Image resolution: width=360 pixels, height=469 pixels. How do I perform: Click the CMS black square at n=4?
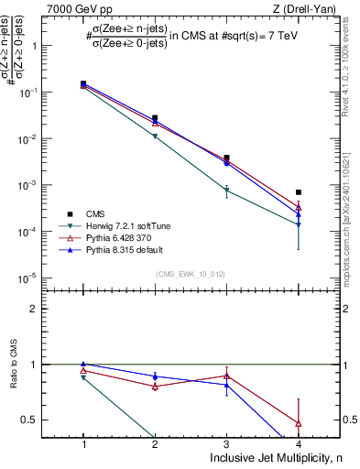tap(299, 192)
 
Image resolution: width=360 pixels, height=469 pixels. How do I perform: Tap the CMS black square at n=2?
tap(155, 118)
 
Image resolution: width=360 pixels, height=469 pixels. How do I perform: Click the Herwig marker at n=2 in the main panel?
tap(155, 136)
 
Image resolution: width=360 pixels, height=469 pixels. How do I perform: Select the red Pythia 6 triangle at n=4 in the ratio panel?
tap(299, 423)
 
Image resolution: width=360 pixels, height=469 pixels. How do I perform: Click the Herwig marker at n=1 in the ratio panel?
tap(83, 377)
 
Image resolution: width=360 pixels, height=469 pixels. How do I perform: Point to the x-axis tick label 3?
tap(227, 443)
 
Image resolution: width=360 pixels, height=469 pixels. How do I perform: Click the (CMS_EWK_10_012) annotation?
tap(191, 273)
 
